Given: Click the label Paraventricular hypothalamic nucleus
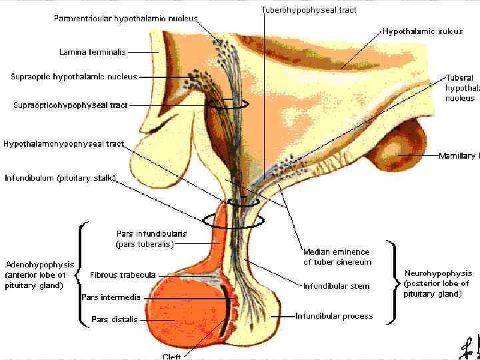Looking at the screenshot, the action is point(125,19).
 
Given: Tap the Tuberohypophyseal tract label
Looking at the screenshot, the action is point(308,10).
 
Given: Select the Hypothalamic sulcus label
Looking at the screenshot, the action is point(422,31).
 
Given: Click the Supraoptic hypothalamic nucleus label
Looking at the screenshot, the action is point(73,77).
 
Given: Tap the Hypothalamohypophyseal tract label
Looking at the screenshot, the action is point(64,144).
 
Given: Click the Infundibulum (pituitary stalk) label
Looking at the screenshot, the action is point(61,178).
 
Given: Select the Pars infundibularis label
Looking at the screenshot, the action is point(151,234).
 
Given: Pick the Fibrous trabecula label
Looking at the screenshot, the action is point(123,275).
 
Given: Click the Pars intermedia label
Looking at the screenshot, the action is point(111,297).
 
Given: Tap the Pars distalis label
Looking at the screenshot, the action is point(115,319).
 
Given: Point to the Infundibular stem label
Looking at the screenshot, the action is point(336,287).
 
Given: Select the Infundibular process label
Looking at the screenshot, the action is point(334,316).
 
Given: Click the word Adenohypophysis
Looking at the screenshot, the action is point(39,265).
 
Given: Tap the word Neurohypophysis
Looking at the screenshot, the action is point(438,273).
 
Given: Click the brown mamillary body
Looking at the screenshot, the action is point(397,154).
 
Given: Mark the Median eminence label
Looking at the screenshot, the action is point(336,252).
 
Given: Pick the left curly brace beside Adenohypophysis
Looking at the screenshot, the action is point(79,275).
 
